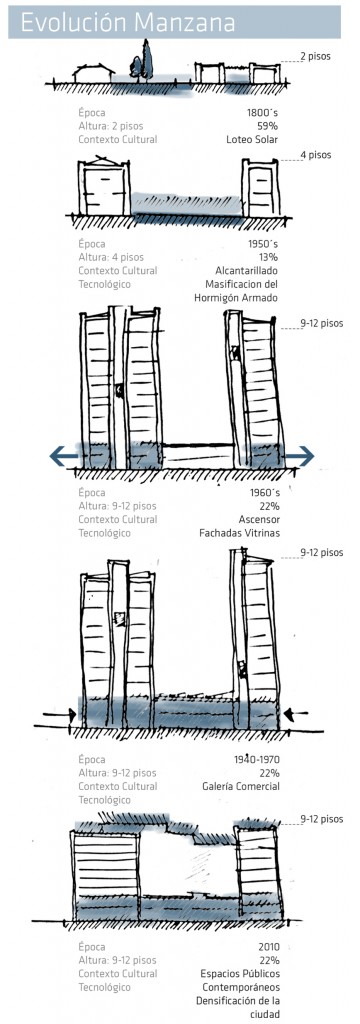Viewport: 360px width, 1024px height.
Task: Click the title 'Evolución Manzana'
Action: [127, 22]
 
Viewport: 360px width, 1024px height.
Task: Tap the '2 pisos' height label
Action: [316, 56]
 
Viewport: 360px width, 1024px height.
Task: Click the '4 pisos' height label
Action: [316, 155]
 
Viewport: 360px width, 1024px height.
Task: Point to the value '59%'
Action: [268, 125]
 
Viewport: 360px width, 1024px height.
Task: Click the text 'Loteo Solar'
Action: [253, 139]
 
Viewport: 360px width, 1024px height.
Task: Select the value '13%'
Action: [269, 257]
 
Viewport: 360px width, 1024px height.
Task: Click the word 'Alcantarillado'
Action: [247, 270]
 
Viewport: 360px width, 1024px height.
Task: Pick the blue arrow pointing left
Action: [65, 456]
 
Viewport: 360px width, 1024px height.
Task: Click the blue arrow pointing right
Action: [299, 456]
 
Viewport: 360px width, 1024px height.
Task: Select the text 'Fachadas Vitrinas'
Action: [239, 533]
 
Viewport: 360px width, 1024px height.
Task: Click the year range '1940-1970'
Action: [257, 760]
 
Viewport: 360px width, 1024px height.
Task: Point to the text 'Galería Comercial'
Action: [241, 786]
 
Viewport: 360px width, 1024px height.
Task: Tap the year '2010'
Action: [269, 946]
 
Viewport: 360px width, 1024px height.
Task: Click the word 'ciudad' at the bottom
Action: [264, 1014]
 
